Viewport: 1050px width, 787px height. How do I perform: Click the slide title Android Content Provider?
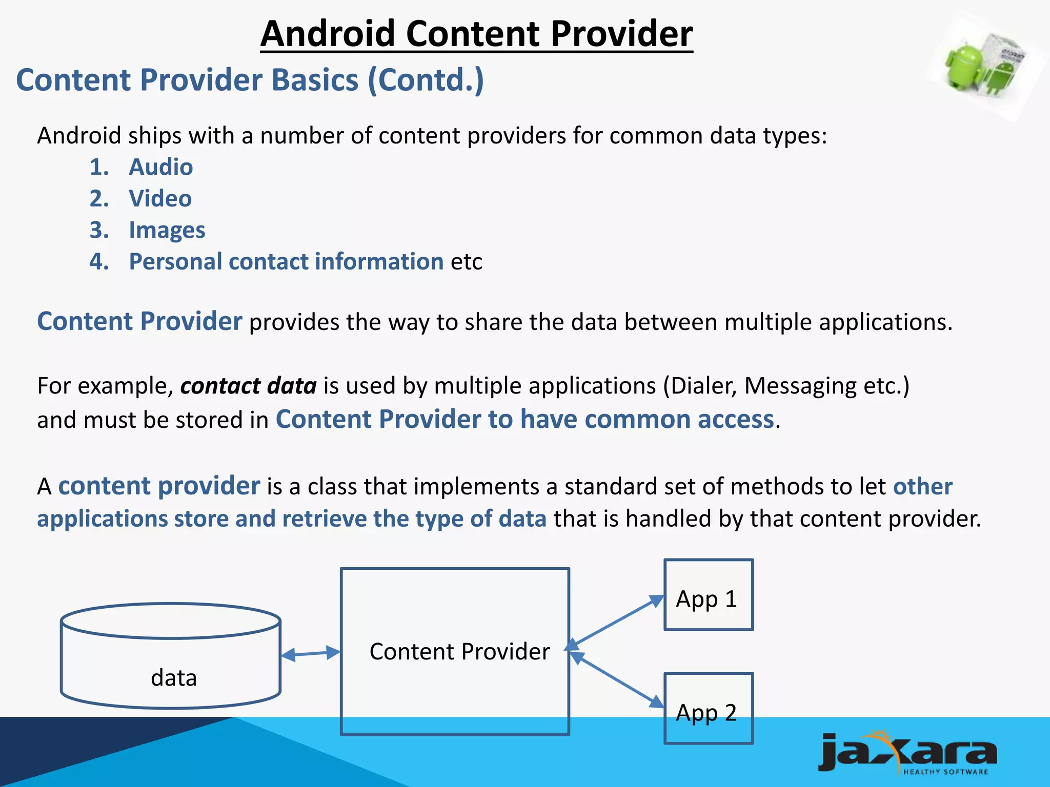(x=476, y=34)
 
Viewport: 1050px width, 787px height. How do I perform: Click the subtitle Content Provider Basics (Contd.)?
(x=250, y=80)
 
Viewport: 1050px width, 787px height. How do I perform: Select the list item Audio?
(x=160, y=167)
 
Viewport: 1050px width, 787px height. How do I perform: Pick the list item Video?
(x=160, y=199)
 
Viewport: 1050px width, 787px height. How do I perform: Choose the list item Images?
(x=167, y=231)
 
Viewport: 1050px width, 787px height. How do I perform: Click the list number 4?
(x=99, y=262)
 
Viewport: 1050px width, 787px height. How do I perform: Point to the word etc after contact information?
(x=466, y=262)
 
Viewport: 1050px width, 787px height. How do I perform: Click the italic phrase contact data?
(x=248, y=386)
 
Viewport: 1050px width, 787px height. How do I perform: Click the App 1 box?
(x=708, y=595)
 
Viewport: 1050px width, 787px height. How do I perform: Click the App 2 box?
(x=708, y=709)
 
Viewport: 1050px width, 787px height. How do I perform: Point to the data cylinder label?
(x=173, y=678)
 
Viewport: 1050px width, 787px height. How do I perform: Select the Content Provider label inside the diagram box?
(x=459, y=652)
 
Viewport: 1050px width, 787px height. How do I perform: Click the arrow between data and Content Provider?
(x=311, y=654)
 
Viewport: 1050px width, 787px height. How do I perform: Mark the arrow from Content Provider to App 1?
(x=615, y=622)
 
